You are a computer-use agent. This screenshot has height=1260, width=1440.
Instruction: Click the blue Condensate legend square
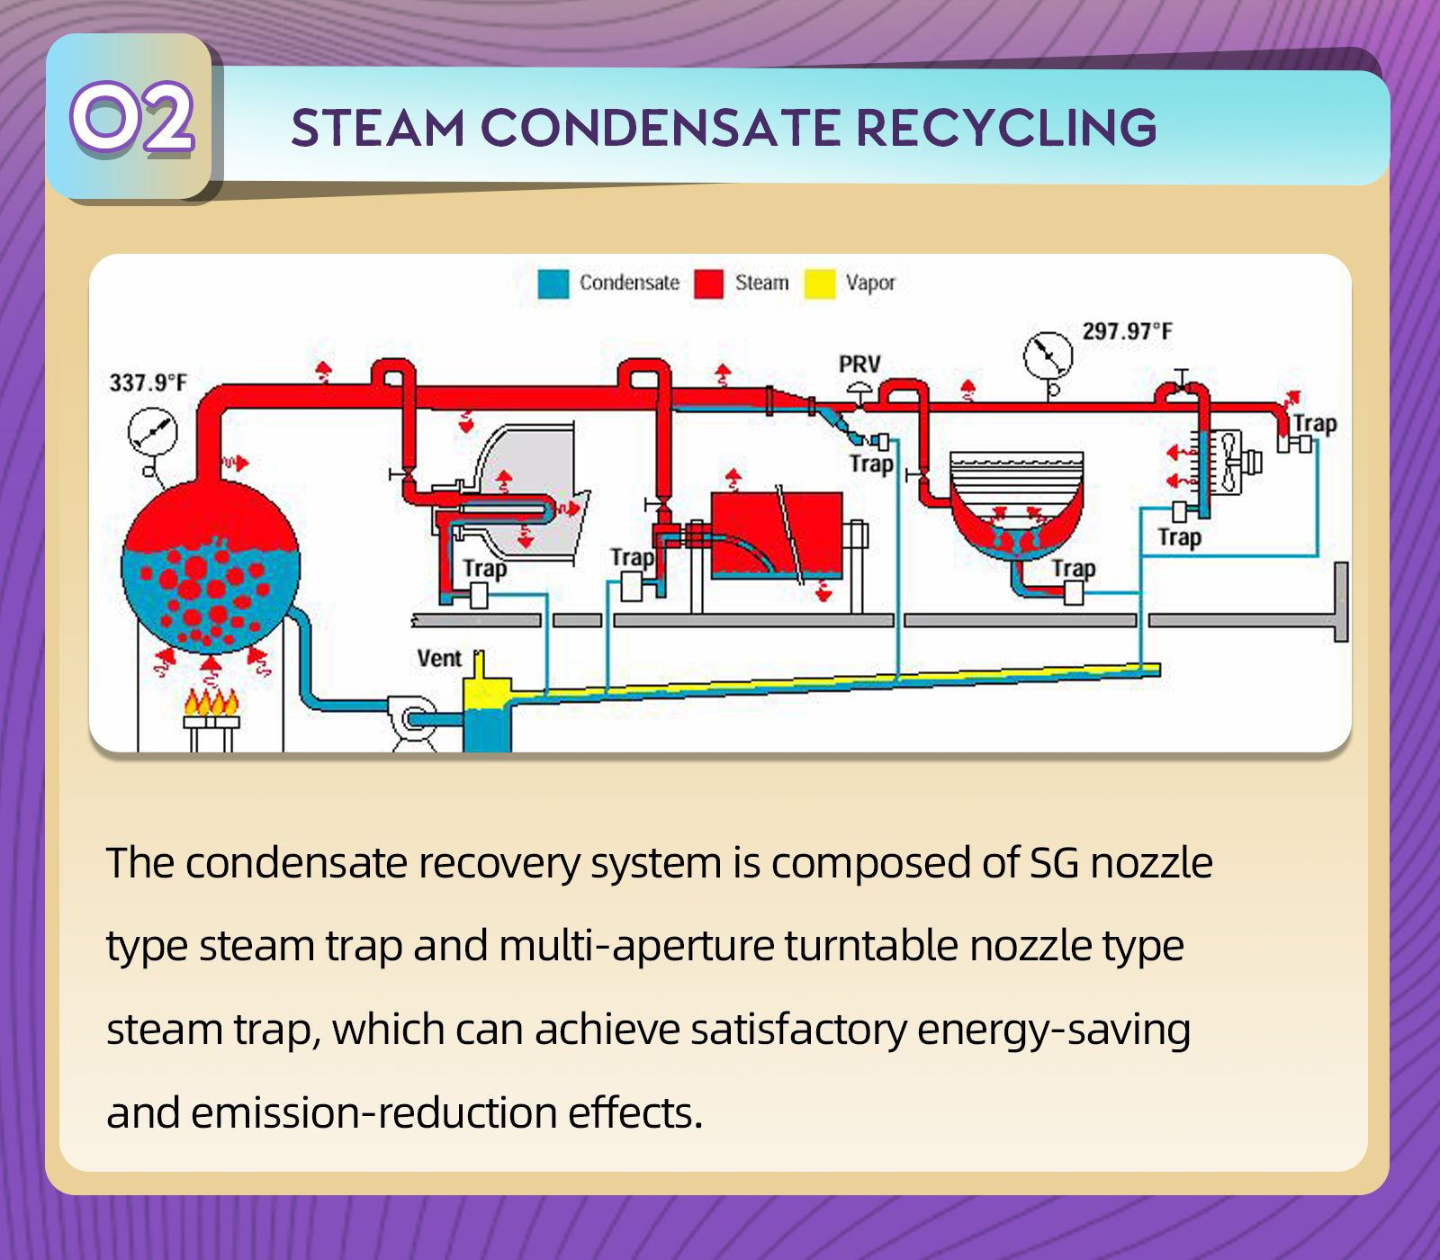pos(553,283)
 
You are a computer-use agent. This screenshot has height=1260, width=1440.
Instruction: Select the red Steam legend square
pos(708,283)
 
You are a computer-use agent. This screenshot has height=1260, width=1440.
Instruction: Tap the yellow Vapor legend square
pos(819,283)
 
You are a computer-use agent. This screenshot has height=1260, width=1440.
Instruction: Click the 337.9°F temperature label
pos(148,383)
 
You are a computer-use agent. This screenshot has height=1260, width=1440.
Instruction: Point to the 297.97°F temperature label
pos(1127,331)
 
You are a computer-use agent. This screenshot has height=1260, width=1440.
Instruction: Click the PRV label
pos(859,364)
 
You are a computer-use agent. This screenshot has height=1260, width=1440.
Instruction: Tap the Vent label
pos(439,659)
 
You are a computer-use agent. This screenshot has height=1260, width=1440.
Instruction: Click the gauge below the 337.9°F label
pos(149,432)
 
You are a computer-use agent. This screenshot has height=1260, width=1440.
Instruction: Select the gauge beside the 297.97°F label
pos(1048,355)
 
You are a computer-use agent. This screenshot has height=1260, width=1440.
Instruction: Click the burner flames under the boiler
pos(212,701)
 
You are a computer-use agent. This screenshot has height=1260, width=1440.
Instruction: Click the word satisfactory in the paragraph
pos(798,1029)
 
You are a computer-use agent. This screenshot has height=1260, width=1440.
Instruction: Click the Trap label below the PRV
pos(871,464)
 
